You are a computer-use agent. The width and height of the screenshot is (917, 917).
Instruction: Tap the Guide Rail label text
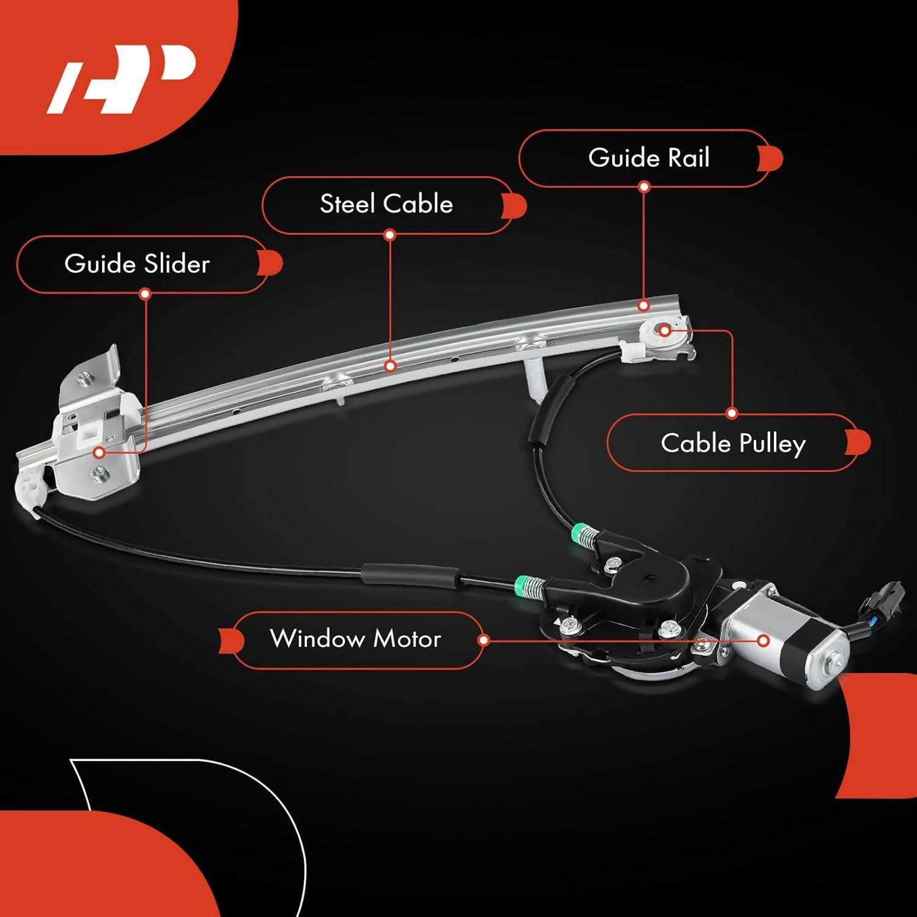(x=649, y=158)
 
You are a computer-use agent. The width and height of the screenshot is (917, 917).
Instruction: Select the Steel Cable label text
(x=386, y=204)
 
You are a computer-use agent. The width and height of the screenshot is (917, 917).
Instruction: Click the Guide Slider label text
(x=137, y=263)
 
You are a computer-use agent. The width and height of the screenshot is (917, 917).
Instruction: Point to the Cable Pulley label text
(x=733, y=443)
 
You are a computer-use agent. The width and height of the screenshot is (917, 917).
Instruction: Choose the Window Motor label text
(x=355, y=639)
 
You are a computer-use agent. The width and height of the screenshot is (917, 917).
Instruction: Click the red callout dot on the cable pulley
(x=665, y=330)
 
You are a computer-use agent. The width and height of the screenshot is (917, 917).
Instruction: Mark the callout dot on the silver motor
(x=763, y=641)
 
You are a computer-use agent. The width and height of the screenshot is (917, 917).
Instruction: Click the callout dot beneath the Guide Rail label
(x=644, y=186)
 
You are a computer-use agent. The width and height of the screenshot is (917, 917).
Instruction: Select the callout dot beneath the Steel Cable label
(x=390, y=234)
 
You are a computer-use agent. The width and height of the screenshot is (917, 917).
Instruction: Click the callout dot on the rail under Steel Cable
(x=391, y=366)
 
